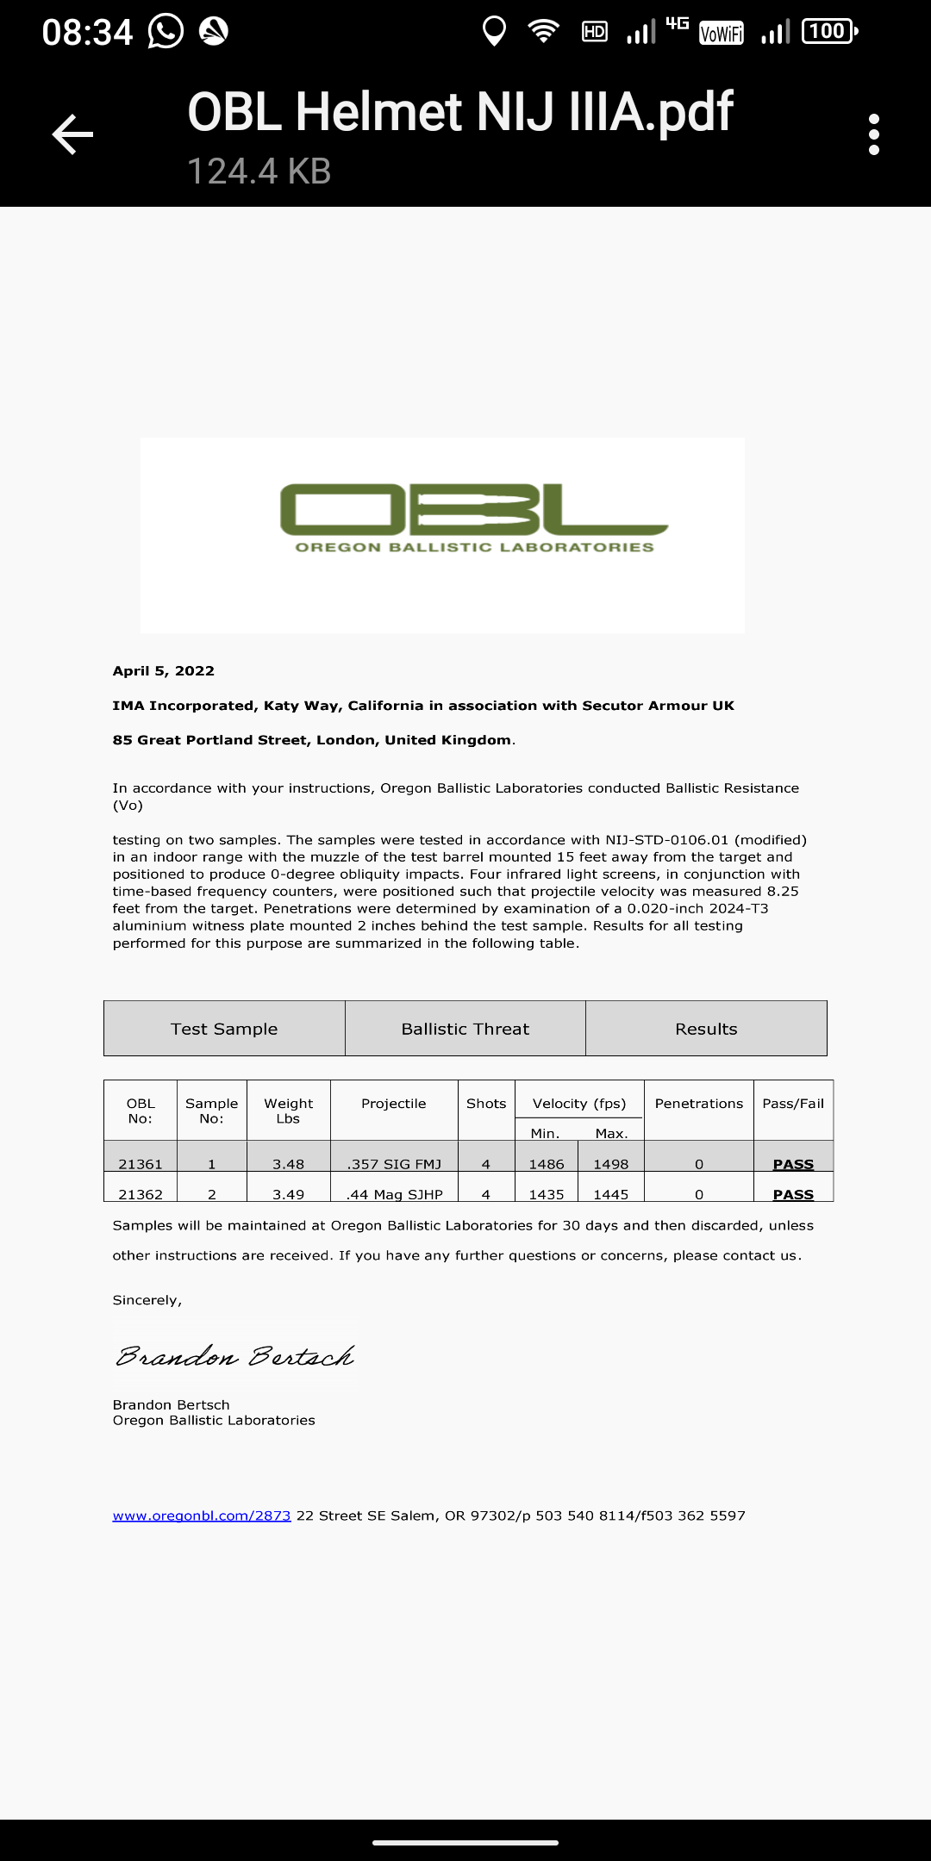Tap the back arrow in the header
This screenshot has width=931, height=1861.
(x=72, y=134)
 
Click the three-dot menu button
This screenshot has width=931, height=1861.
(x=874, y=134)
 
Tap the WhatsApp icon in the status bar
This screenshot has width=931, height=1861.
(x=166, y=32)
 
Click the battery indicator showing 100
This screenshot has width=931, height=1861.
(x=829, y=32)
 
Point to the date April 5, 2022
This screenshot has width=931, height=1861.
(x=164, y=671)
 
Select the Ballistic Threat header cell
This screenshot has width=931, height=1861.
(x=465, y=1029)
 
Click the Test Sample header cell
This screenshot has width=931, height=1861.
(x=224, y=1029)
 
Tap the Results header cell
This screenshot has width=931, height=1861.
(x=706, y=1029)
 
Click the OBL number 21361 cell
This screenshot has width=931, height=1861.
(x=141, y=1164)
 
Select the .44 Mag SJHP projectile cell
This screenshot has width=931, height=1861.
(x=395, y=1194)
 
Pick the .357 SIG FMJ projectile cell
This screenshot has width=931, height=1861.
(x=394, y=1164)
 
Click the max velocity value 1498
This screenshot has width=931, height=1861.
(x=610, y=1164)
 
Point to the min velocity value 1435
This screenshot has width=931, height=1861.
(x=547, y=1194)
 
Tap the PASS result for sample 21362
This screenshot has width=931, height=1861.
(x=793, y=1194)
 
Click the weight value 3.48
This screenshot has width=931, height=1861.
(x=288, y=1164)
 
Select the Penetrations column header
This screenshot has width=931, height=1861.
(x=698, y=1104)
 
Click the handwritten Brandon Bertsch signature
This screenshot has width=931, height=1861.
(x=234, y=1357)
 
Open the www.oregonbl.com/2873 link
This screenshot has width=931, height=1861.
(x=202, y=1516)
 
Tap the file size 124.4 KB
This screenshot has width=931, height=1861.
(x=259, y=171)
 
